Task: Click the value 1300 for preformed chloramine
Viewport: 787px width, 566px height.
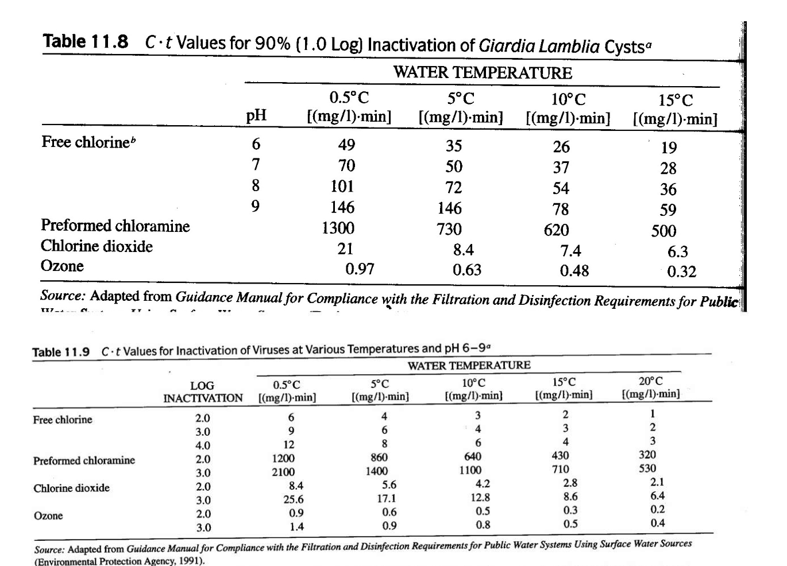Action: pos(338,228)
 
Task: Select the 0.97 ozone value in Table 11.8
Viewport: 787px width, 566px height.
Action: pos(360,269)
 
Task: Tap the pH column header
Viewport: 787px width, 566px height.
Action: pos(256,116)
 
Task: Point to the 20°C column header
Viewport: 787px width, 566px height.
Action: pos(650,388)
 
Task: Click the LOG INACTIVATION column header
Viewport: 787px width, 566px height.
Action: pos(203,392)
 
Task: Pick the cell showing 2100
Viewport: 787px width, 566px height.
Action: pos(283,472)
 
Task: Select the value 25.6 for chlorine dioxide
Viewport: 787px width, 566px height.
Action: pos(293,499)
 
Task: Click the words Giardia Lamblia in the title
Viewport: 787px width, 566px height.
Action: pos(539,45)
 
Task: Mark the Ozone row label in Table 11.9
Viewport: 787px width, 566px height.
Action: pos(48,515)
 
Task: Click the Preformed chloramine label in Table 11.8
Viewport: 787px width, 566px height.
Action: pos(115,226)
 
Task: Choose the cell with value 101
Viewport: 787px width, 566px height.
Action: pos(342,187)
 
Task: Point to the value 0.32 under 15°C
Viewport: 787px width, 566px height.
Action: pos(681,271)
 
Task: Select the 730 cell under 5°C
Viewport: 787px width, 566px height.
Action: pos(449,229)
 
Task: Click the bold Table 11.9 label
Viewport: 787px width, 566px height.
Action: pos(61,352)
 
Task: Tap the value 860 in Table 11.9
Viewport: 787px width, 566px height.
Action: pos(379,458)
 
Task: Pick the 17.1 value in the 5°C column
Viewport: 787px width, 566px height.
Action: pos(386,499)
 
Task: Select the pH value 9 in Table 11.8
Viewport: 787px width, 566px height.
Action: pos(255,206)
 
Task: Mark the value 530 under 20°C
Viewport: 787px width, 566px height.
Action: pos(647,468)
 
